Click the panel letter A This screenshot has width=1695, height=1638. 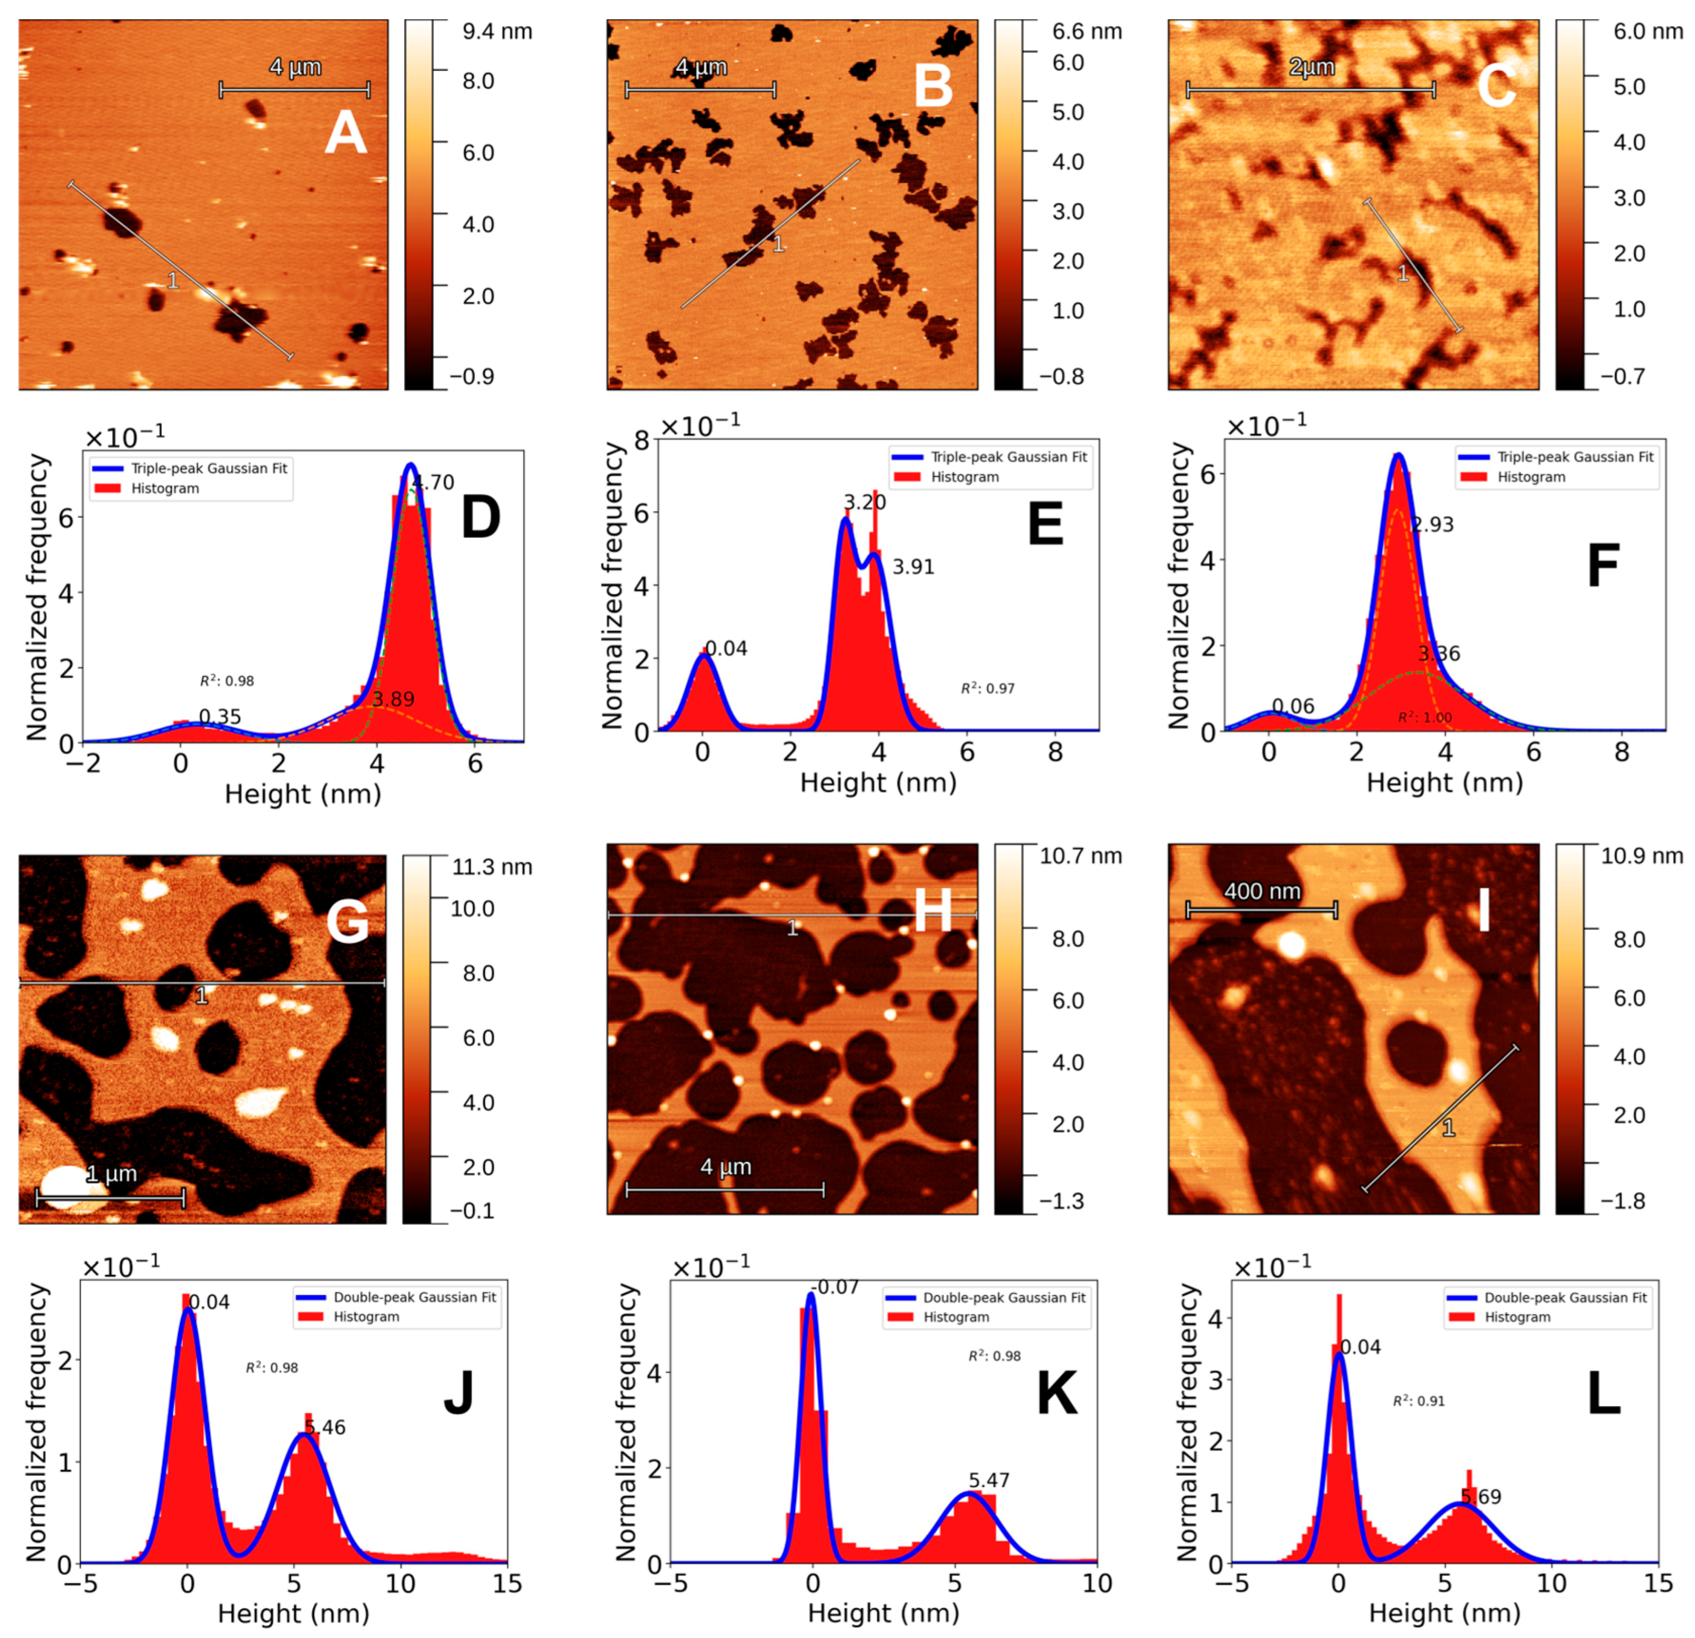[x=345, y=135]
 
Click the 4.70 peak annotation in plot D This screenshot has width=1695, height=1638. [x=432, y=483]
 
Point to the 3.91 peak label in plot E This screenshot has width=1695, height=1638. [x=913, y=567]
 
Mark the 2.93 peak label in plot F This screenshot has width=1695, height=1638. [x=1433, y=525]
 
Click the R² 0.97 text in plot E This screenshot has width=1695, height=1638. [x=987, y=688]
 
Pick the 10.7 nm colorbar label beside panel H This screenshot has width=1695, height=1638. [x=1080, y=856]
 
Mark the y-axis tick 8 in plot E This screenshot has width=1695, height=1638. [x=641, y=441]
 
